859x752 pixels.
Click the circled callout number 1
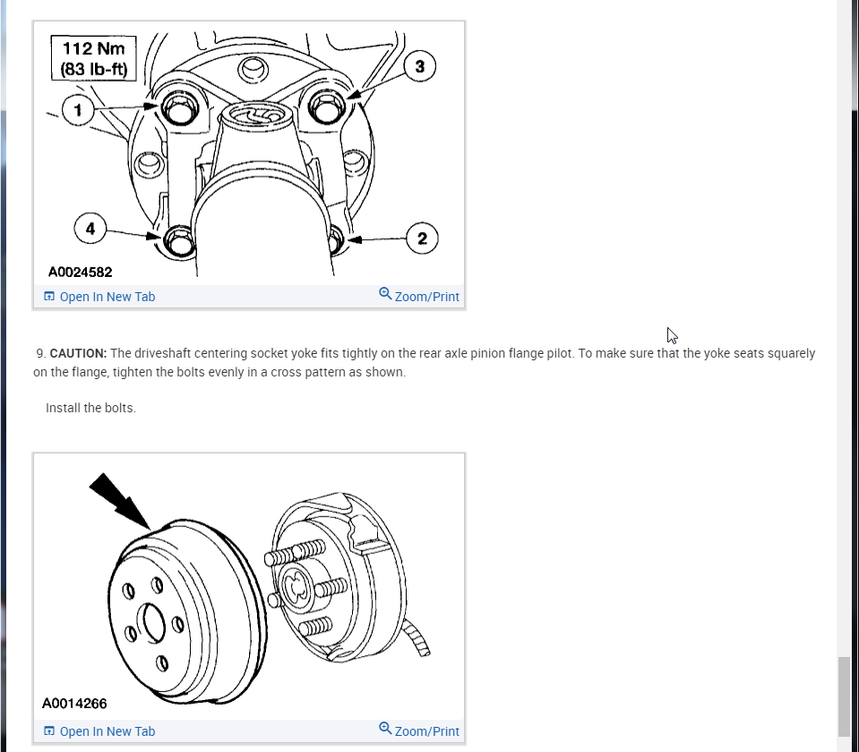[78, 109]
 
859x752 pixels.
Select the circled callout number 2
[422, 238]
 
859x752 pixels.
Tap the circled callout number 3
[419, 65]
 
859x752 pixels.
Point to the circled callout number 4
[90, 229]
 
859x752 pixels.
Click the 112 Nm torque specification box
[93, 57]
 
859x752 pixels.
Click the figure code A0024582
[81, 272]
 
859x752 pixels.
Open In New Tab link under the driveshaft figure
[99, 297]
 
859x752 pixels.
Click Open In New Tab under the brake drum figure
[99, 731]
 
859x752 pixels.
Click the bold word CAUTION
[78, 353]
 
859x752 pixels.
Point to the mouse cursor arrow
[672, 335]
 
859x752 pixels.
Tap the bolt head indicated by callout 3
[322, 107]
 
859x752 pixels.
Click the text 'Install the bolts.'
[90, 408]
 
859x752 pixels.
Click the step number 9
[40, 353]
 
